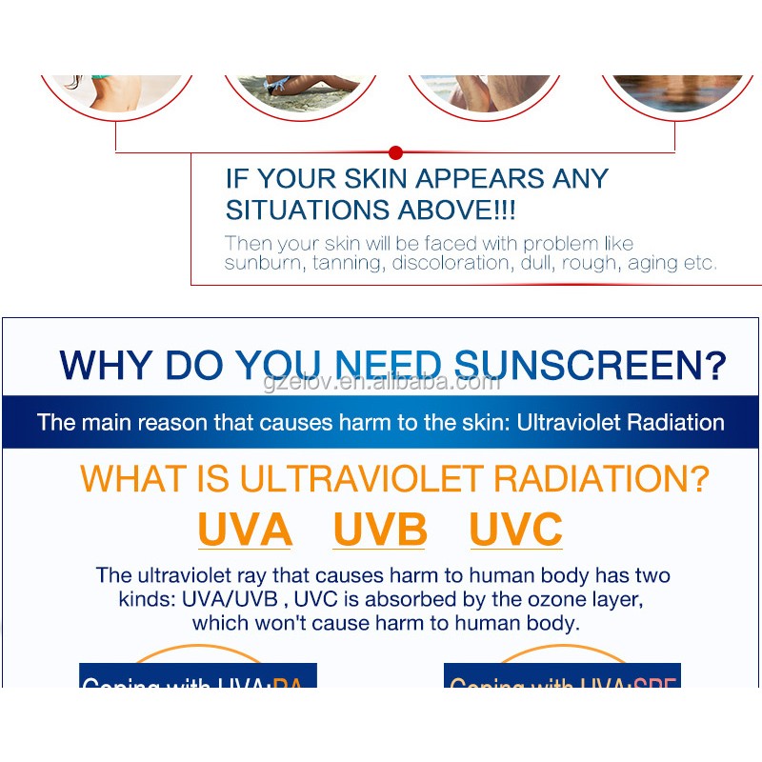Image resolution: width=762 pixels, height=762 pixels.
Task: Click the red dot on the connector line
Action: coord(396,152)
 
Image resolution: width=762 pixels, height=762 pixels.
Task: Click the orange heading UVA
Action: coord(245,530)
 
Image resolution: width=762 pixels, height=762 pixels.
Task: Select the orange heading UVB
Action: coord(380,530)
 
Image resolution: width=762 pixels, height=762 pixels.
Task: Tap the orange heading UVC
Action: coord(516,530)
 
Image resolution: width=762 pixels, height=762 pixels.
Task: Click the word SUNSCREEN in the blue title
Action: coord(591,366)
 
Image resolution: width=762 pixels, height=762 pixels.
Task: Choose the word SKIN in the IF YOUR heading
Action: coord(346,179)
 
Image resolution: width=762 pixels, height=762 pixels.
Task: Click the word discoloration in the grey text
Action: coord(453,263)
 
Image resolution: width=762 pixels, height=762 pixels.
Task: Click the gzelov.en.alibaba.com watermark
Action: coord(381,382)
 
